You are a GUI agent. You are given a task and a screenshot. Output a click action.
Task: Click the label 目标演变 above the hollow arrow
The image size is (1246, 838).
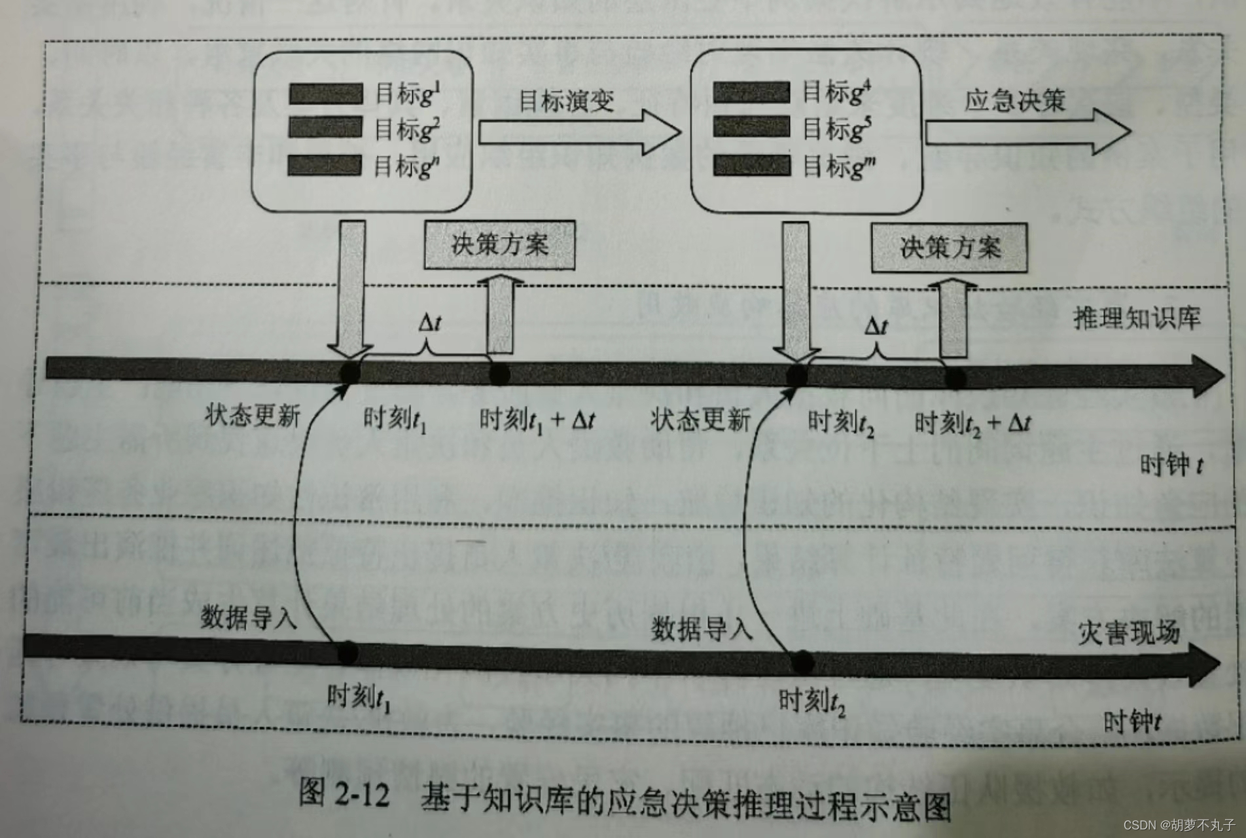pyautogui.click(x=566, y=101)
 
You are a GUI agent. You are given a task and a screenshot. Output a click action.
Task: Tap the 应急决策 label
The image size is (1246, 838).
pyautogui.click(x=1014, y=100)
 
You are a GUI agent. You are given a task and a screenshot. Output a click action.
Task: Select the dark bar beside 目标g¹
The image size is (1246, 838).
pyautogui.click(x=326, y=94)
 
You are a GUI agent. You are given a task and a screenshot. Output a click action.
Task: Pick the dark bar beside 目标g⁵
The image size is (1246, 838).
pyautogui.click(x=751, y=126)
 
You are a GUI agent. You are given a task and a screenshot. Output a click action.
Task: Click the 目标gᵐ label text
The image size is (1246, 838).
pyautogui.click(x=839, y=166)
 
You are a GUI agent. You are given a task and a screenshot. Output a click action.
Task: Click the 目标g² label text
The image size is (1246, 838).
pyautogui.click(x=406, y=129)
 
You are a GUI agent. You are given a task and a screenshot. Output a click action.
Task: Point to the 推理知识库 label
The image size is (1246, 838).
pyautogui.click(x=1137, y=318)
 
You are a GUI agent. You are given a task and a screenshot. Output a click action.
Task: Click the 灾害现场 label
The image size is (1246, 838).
pyautogui.click(x=1128, y=632)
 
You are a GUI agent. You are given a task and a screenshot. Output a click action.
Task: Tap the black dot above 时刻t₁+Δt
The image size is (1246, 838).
pyautogui.click(x=499, y=374)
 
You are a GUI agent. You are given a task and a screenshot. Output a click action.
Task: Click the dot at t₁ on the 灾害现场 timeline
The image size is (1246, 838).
pyautogui.click(x=347, y=653)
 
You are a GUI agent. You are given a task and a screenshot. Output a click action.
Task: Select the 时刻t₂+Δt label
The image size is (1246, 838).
pyautogui.click(x=972, y=424)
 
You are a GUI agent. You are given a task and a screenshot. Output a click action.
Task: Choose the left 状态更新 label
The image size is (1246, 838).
pyautogui.click(x=253, y=415)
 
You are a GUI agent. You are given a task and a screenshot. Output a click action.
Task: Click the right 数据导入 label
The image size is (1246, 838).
pyautogui.click(x=702, y=628)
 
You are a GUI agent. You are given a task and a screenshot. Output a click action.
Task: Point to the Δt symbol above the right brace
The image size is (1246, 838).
pyautogui.click(x=876, y=326)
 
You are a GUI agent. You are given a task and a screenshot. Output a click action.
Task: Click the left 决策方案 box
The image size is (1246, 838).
pyautogui.click(x=499, y=245)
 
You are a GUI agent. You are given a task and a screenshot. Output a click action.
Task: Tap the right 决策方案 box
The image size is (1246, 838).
pyautogui.click(x=949, y=247)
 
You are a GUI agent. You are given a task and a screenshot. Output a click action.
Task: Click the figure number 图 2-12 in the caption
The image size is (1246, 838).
pyautogui.click(x=344, y=794)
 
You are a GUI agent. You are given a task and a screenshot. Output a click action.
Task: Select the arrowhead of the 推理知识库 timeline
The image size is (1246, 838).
pyautogui.click(x=1207, y=376)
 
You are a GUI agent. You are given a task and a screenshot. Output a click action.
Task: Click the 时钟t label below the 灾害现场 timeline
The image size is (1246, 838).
pyautogui.click(x=1132, y=722)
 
